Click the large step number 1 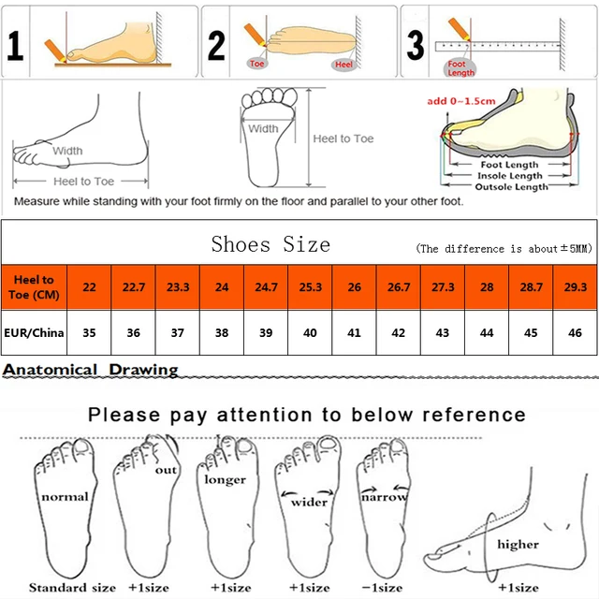tap(16, 44)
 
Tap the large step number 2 tap(217, 44)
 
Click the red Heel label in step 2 tap(344, 64)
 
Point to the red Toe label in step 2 tap(258, 64)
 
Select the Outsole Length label tap(512, 187)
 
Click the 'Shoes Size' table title tap(270, 245)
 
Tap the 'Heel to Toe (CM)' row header tap(35, 286)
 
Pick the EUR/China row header tap(35, 331)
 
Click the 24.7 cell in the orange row tap(267, 286)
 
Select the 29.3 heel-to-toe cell tap(574, 286)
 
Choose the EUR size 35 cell tap(89, 331)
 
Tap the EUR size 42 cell tap(399, 331)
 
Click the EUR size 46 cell tap(574, 331)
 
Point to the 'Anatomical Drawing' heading tap(91, 370)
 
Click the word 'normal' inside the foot tap(65, 496)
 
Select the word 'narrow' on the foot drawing tap(385, 498)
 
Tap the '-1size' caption tap(382, 587)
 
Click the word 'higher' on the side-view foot tap(518, 544)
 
